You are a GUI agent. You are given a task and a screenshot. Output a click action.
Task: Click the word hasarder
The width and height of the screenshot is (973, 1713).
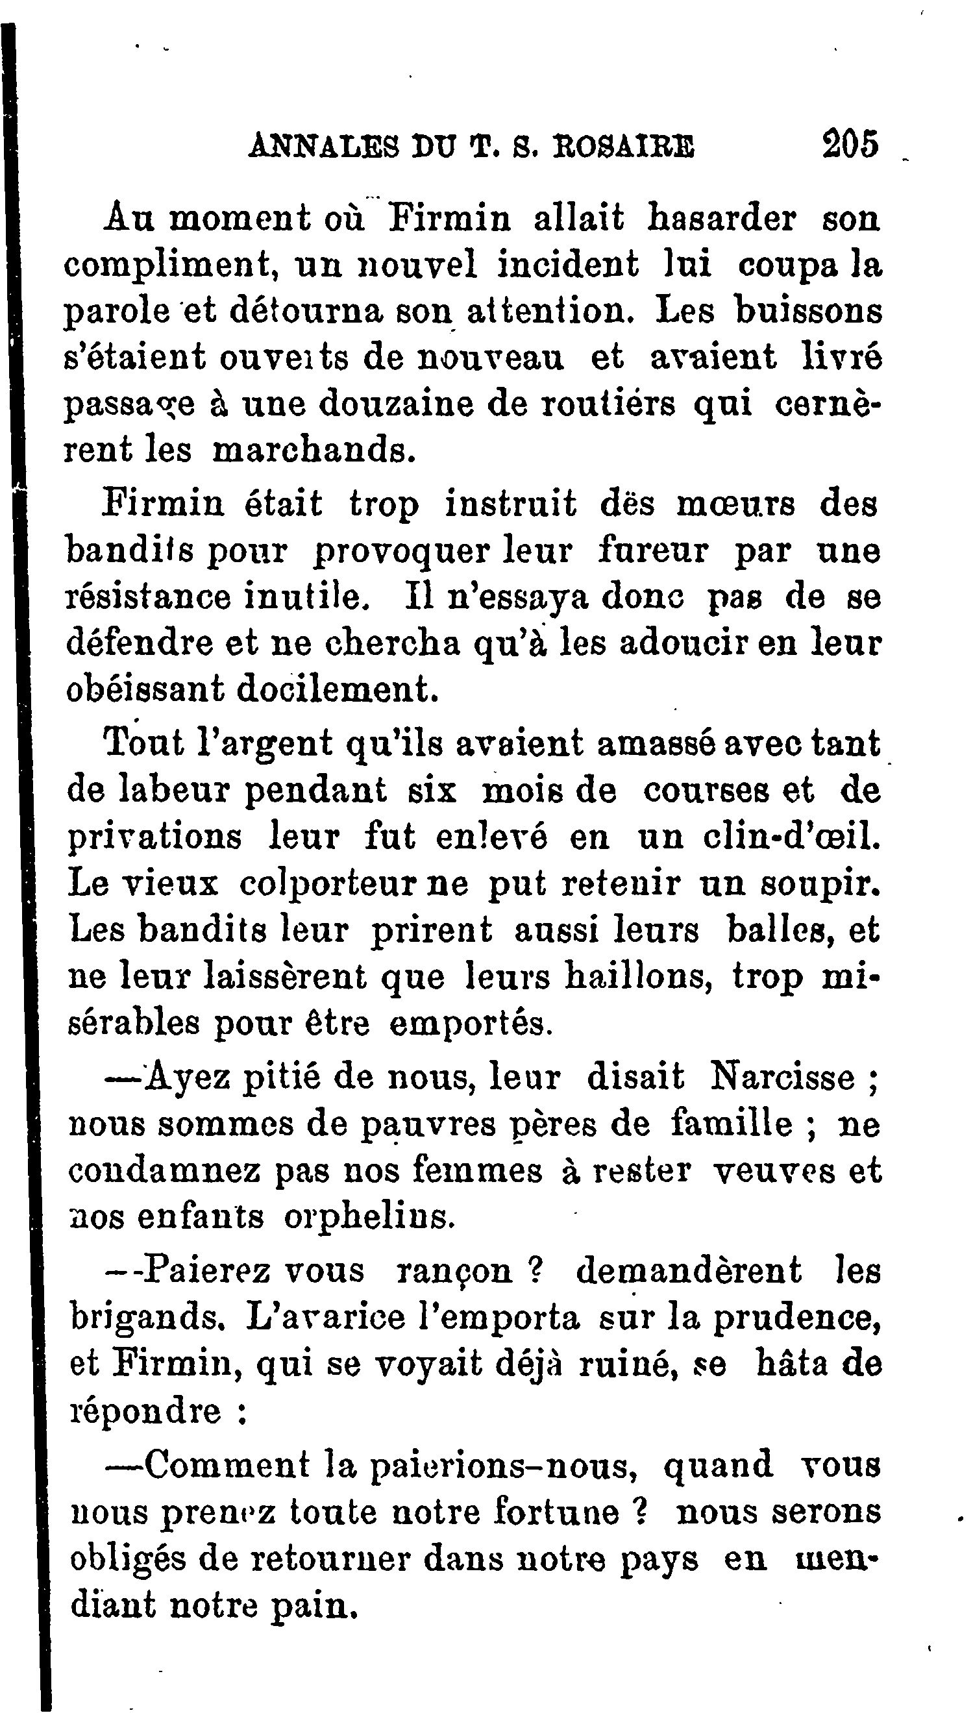[x=721, y=219]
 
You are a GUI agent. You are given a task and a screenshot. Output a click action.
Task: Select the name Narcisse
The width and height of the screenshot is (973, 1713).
[x=783, y=1077]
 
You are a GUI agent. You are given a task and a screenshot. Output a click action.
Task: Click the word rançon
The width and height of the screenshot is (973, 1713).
[x=454, y=1270]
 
